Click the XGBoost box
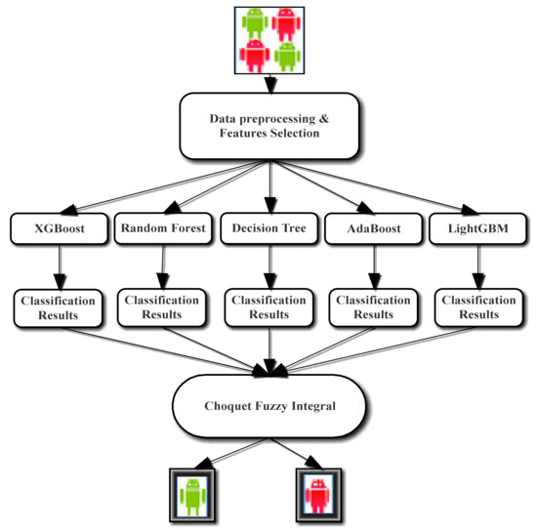point(58,229)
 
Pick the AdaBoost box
point(372,229)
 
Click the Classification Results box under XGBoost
point(59,308)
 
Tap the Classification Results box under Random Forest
point(162,307)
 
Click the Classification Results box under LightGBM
point(477,307)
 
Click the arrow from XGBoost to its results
point(59,265)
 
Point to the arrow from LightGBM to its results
point(476,265)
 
